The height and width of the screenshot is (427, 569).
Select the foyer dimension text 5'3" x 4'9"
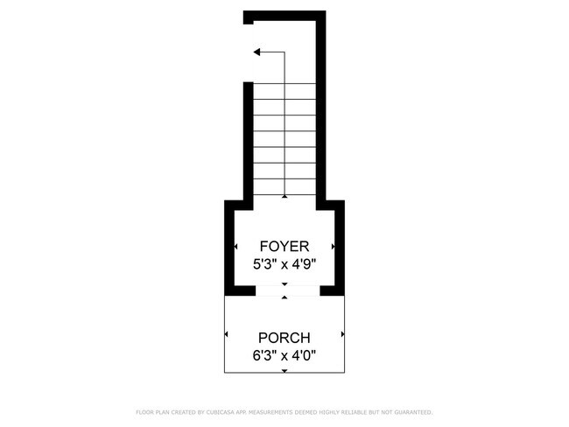tap(284, 263)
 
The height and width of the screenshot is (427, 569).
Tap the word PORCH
tap(284, 338)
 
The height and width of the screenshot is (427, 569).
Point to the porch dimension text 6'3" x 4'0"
tap(284, 355)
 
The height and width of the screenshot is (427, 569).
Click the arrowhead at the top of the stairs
tap(257, 52)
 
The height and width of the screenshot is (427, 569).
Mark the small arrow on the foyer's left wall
tap(235, 247)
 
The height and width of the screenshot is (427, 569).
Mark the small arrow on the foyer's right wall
tap(334, 247)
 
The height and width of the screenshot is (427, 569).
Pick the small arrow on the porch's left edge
tap(227, 334)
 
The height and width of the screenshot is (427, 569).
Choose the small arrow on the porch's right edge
tap(342, 334)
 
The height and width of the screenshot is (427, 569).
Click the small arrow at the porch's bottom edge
tap(284, 371)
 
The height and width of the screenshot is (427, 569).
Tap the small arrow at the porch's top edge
tap(284, 298)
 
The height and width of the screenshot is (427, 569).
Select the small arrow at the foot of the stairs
tap(284, 197)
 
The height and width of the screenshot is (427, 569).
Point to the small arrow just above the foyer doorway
tap(284, 284)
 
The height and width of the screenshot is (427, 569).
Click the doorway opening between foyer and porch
tap(284, 291)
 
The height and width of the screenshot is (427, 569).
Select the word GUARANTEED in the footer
tap(412, 411)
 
